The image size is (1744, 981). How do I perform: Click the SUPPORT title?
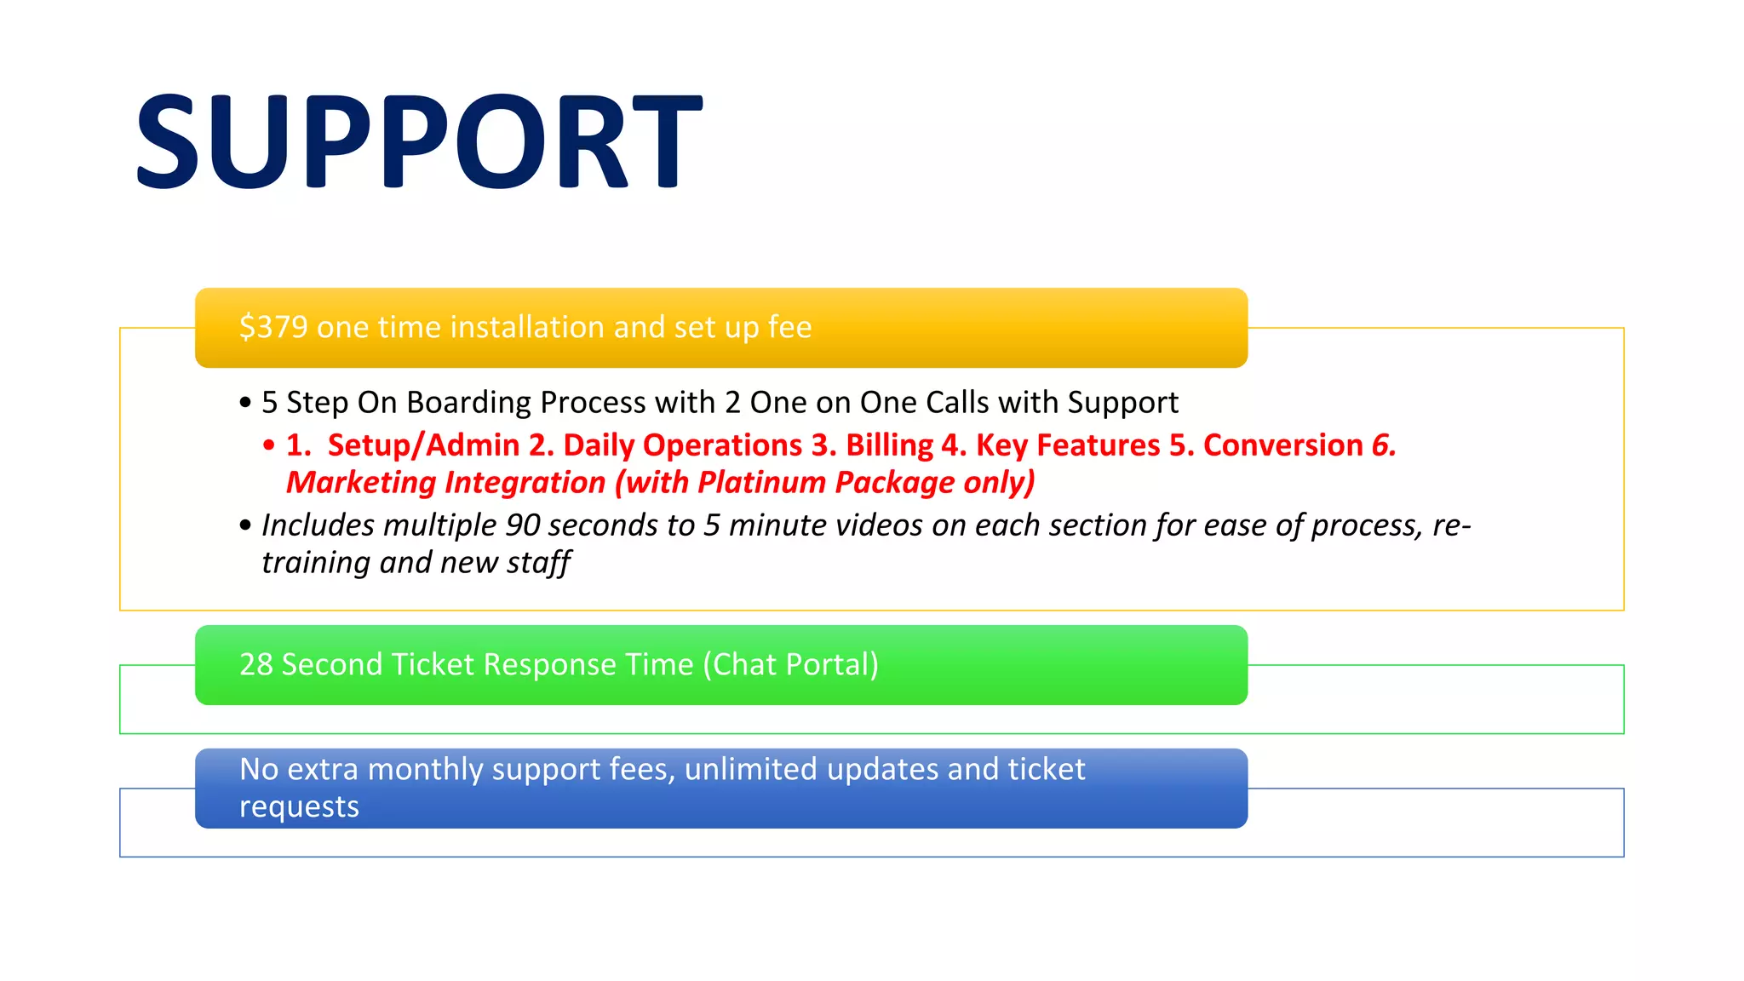(418, 141)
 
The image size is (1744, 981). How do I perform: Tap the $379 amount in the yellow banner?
(273, 327)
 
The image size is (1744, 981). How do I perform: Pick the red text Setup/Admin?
(423, 445)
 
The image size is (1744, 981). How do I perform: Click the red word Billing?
(889, 445)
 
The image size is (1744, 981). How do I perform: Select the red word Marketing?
(361, 483)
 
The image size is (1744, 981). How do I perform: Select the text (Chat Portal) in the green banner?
(790, 664)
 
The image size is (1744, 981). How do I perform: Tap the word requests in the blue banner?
(299, 806)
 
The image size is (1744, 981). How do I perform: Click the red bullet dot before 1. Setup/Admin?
(269, 445)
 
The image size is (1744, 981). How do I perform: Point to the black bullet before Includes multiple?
(245, 525)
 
